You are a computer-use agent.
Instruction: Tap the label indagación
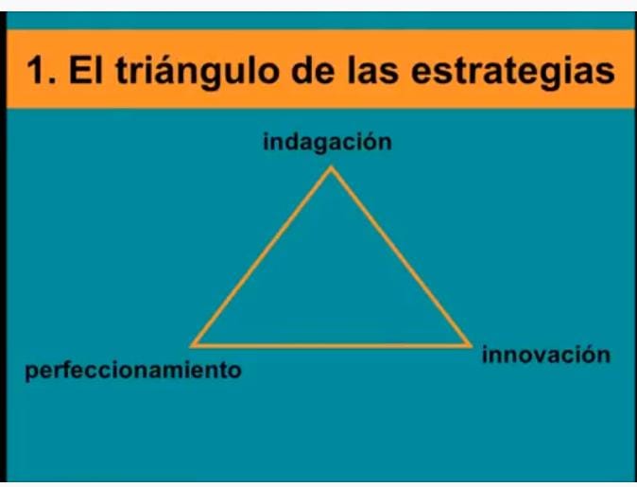[x=327, y=144]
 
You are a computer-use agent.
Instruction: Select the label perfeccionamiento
[x=133, y=371]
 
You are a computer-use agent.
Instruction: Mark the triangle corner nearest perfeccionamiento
[x=194, y=345]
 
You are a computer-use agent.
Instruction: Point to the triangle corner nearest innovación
[x=468, y=344]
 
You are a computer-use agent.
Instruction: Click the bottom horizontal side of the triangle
[x=331, y=345]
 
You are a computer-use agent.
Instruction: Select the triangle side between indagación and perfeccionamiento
[x=262, y=257]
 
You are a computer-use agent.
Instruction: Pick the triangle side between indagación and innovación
[x=400, y=256]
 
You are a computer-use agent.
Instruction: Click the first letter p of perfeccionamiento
[x=31, y=373]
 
